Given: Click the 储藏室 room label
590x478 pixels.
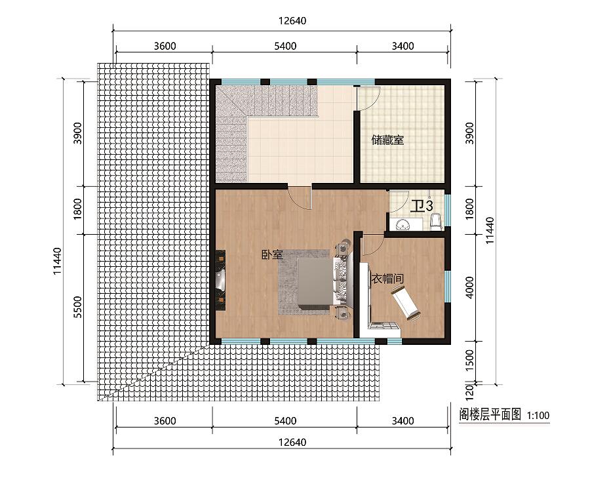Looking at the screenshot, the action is [387, 140].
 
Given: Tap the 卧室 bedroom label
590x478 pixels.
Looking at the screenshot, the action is [273, 255].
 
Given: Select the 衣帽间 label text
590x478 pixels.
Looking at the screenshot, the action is [387, 279].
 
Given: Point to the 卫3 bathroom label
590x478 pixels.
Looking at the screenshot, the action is [422, 206].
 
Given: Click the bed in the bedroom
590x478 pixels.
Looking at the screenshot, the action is [315, 281].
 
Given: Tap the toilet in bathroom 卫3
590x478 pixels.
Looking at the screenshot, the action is [435, 222].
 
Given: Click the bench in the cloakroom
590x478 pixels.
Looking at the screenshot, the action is [406, 303].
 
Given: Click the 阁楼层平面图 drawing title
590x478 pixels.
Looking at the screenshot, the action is [490, 414].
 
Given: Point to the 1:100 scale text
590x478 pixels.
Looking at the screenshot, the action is [538, 416].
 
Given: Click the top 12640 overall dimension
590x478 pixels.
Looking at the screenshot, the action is [292, 21].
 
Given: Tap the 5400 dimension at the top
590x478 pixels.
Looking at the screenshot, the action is [285, 46].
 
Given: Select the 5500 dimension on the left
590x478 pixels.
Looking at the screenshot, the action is [77, 307].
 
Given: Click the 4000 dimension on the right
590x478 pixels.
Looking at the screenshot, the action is [469, 288].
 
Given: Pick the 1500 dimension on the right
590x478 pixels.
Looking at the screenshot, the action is [469, 360].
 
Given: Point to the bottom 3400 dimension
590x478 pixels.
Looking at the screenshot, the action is [403, 420].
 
